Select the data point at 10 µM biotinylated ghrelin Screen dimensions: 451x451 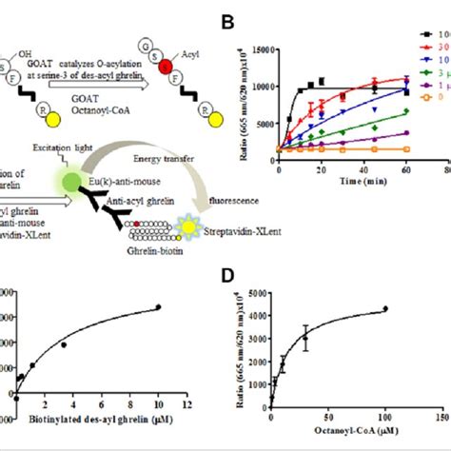[x=158, y=306]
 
